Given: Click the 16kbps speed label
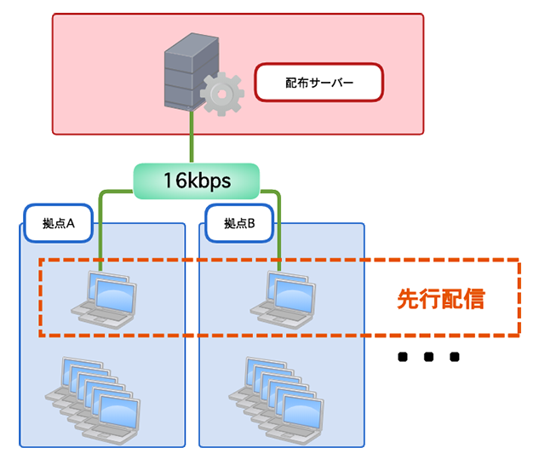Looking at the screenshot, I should pyautogui.click(x=196, y=180).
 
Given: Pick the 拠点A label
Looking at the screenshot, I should pyautogui.click(x=60, y=224).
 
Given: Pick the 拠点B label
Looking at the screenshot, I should pyautogui.click(x=239, y=224).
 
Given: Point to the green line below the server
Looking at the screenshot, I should pyautogui.click(x=192, y=141).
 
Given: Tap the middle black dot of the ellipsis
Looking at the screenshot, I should pyautogui.click(x=429, y=357).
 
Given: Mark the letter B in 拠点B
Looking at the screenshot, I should pyautogui.click(x=252, y=224).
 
